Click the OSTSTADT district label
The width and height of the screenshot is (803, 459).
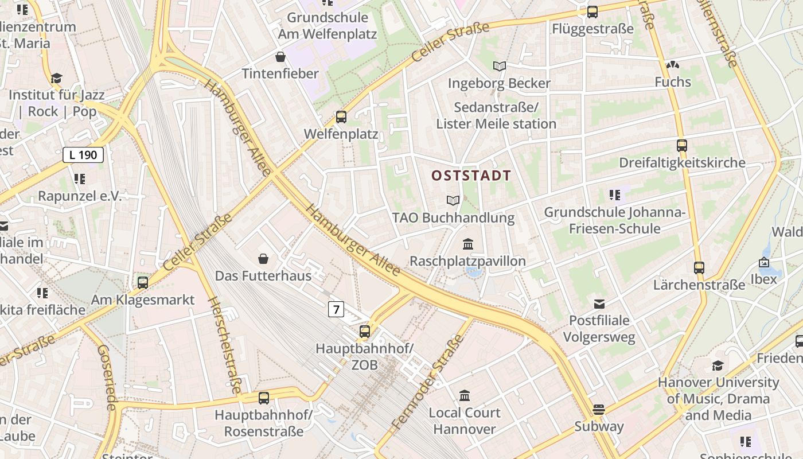(471, 176)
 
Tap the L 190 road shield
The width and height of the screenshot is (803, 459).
(83, 154)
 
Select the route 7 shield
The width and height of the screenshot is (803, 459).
(336, 310)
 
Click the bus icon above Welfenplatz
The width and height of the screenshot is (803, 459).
(341, 117)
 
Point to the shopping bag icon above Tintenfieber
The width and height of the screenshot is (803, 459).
(280, 57)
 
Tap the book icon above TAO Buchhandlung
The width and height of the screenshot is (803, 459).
(453, 200)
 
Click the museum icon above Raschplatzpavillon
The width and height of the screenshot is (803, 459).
(467, 244)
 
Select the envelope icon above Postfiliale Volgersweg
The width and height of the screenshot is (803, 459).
(599, 304)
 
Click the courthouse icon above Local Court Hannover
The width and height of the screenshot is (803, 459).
(465, 395)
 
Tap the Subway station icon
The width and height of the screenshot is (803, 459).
(599, 410)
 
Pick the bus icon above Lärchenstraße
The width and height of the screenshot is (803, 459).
(699, 267)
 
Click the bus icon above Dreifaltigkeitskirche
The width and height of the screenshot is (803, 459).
(681, 146)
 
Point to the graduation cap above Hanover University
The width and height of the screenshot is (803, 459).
(718, 365)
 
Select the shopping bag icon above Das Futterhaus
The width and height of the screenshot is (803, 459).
(263, 259)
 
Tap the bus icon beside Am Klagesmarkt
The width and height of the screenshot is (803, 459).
(143, 282)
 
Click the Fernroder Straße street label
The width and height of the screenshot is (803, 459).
(427, 383)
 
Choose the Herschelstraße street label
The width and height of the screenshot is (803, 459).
(224, 345)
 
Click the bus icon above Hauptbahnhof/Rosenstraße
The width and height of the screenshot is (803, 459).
(264, 398)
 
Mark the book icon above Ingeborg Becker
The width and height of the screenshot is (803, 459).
(500, 66)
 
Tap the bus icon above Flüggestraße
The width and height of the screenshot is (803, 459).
(592, 11)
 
